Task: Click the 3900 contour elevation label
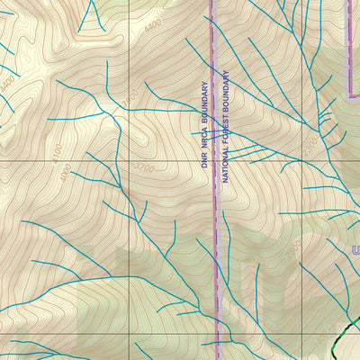click(x=131, y=96)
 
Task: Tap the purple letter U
click(x=355, y=249)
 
